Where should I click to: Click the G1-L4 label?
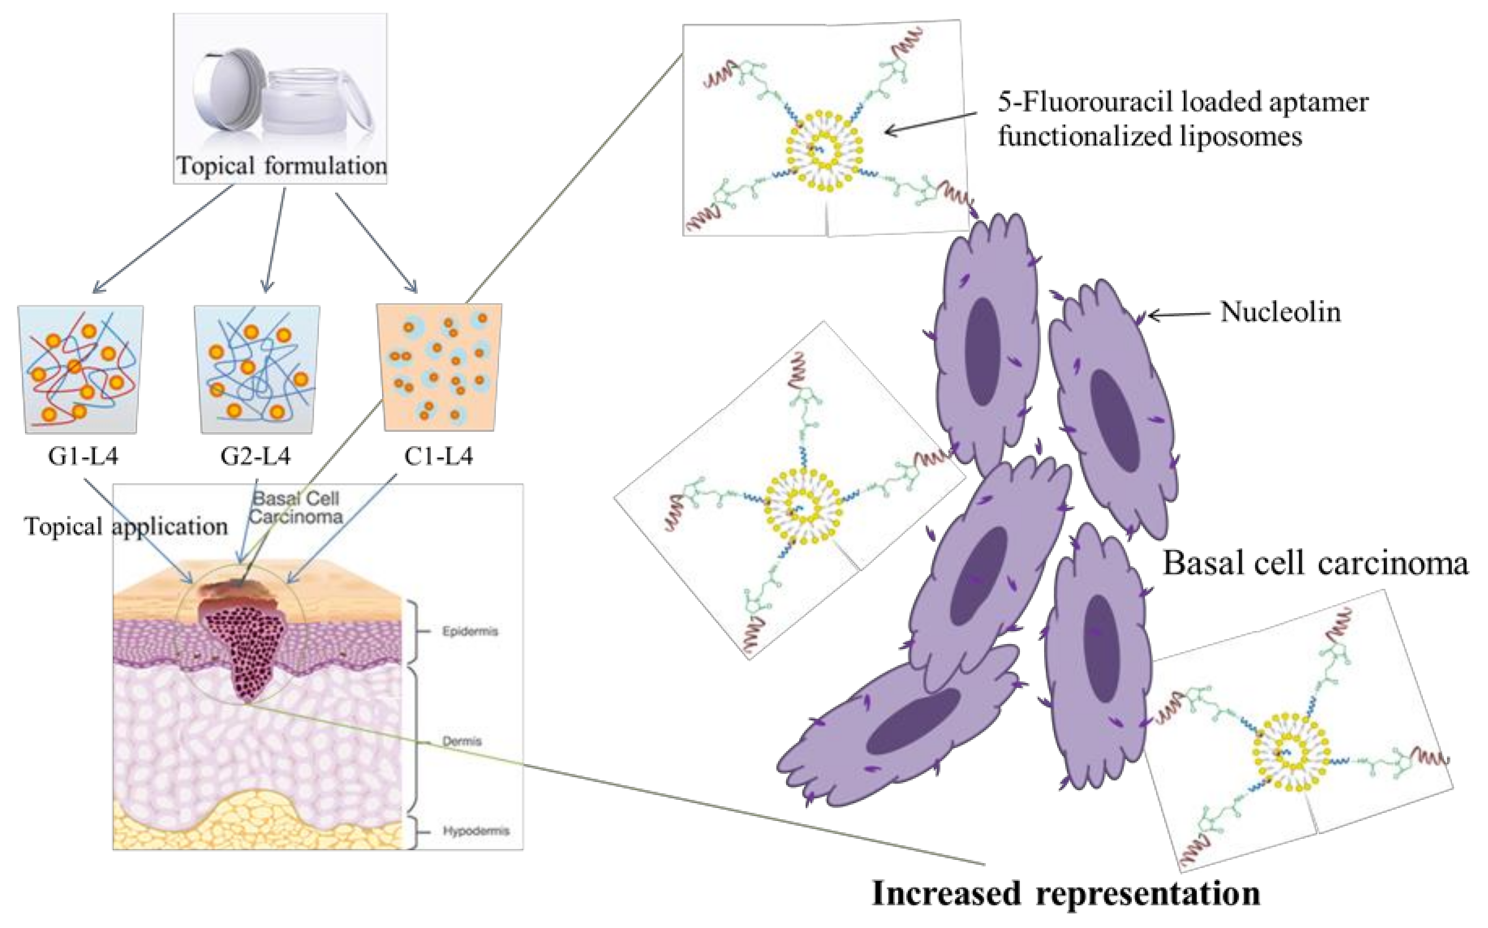coord(83,456)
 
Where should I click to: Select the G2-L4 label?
coord(255,456)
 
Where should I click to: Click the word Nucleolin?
coord(1280,312)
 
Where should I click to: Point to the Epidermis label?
coord(470,631)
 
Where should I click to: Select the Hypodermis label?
coord(476,831)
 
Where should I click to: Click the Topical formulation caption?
coord(281,166)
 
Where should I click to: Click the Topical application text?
coord(126,526)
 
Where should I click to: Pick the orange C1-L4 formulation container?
coord(439,367)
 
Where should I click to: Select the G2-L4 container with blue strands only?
coord(257,369)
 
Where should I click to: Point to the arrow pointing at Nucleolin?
coord(1178,315)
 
